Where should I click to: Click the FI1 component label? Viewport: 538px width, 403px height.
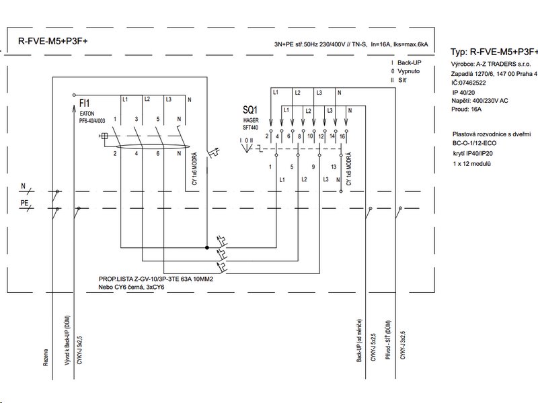point(85,104)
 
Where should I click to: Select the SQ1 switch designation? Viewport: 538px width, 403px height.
point(251,109)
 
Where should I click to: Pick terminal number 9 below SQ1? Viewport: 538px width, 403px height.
point(313,166)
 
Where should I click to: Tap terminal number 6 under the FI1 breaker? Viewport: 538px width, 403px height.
point(157,154)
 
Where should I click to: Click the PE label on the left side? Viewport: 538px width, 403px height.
point(23,201)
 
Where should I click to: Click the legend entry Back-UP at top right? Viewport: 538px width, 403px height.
point(410,61)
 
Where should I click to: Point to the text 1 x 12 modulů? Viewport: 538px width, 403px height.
point(473,164)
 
